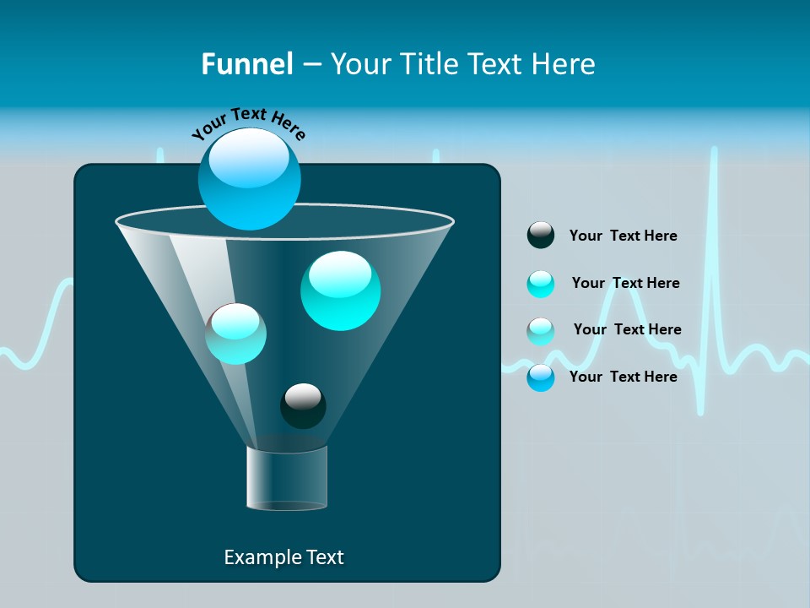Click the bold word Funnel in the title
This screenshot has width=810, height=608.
246,64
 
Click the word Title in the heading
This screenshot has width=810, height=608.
429,64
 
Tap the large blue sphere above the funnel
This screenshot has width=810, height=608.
250,179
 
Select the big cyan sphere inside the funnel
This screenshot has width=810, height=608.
340,290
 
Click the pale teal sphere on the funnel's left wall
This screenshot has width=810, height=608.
235,334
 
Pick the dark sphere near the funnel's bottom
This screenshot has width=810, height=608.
303,406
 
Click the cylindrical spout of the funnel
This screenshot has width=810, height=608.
287,478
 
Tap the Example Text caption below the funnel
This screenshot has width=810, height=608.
283,557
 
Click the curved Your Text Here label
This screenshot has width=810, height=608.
249,123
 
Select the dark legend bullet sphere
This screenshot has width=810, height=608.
541,236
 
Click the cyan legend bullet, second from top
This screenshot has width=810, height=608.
541,284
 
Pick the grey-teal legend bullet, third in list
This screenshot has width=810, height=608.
541,330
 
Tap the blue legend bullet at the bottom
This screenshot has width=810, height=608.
541,377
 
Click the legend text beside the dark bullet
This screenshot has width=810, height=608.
623,236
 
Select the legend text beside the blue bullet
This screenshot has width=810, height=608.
623,377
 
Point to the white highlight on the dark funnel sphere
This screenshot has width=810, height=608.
303,395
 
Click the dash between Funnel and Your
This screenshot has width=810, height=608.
310,65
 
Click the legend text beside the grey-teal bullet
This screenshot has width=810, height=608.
627,329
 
